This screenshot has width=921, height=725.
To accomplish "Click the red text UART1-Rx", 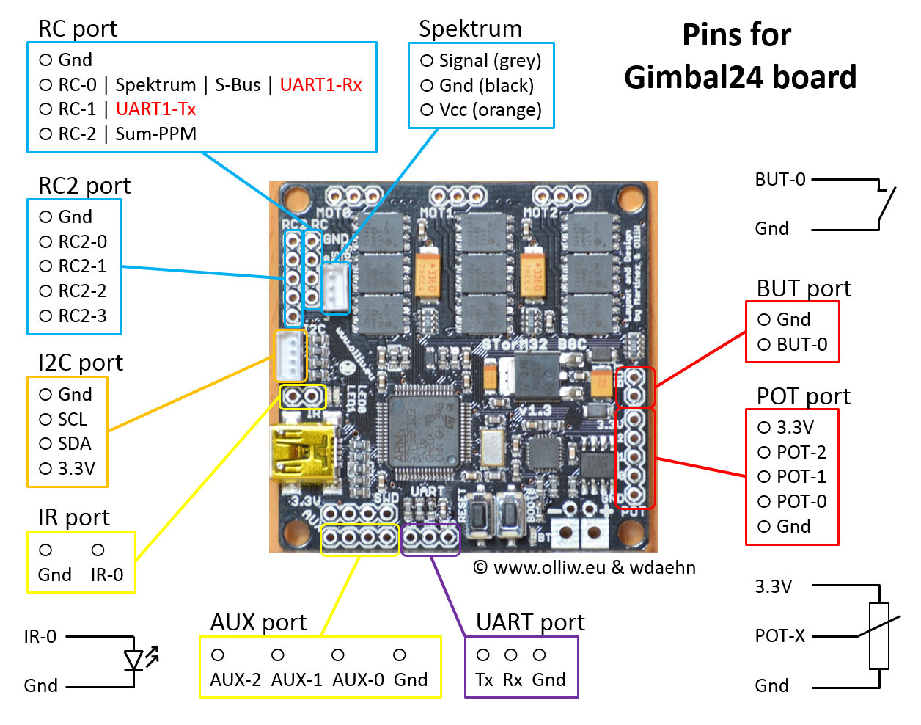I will pos(320,85).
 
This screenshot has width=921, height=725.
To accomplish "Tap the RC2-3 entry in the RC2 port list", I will pos(82,316).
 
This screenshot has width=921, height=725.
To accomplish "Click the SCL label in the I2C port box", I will pos(72,420).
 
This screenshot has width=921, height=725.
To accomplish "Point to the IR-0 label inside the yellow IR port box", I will pos(107,575).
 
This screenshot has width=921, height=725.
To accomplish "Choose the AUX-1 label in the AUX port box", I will pos(296,680).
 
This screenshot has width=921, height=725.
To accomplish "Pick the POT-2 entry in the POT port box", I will pos(801,453).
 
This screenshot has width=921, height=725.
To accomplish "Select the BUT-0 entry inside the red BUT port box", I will pos(801,345).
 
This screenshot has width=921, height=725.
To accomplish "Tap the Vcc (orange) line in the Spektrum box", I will pos(490,110).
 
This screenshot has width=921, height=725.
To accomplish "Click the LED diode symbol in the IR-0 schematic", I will pos(134,660).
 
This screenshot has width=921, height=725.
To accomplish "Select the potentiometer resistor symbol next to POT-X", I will pos(878,635).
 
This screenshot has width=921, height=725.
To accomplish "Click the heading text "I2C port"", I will pos(80,362).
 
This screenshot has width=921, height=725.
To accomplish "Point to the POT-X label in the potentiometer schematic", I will pos(779,636).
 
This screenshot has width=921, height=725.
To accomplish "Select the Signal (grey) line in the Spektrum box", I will pos(490,61).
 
